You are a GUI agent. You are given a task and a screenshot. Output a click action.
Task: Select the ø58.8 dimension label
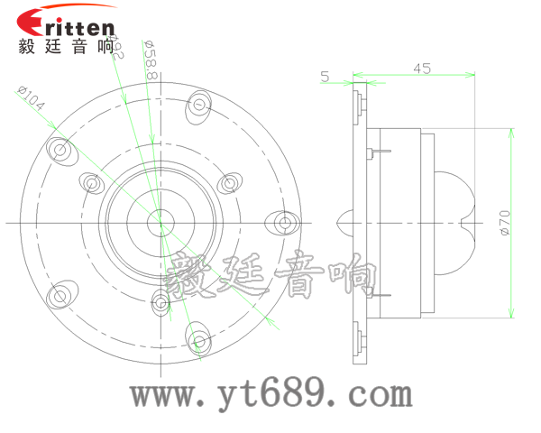tap(151, 60)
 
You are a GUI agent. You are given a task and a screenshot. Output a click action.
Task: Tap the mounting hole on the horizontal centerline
tap(284, 222)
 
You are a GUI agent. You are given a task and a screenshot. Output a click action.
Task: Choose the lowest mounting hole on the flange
tap(198, 341)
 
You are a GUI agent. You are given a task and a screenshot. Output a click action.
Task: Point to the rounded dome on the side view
tap(455, 221)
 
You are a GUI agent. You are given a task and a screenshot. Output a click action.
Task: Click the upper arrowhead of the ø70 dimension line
tap(511, 132)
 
